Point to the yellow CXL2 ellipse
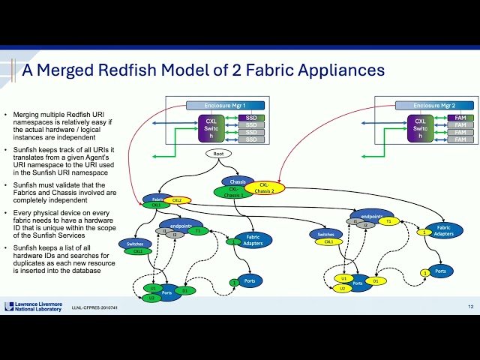pyautogui.click(x=177, y=201)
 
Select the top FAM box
pyautogui.click(x=460, y=117)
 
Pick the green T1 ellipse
pyautogui.click(x=197, y=231)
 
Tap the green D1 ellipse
pyautogui.click(x=187, y=290)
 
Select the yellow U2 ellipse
pyautogui.click(x=342, y=289)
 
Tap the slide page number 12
pyautogui.click(x=469, y=307)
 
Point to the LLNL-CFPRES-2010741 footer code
pyautogui.click(x=99, y=308)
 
